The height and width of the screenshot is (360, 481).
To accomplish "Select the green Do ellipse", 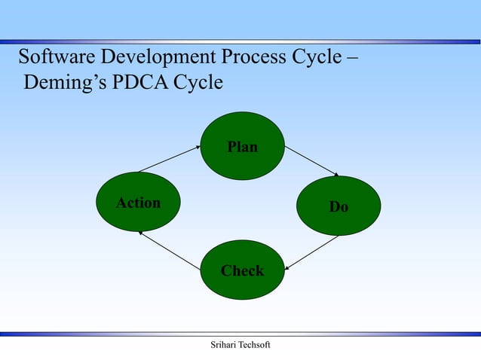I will [339, 206].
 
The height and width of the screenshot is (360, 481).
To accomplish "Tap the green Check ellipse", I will [242, 270].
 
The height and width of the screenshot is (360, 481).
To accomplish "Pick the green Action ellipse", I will [138, 202].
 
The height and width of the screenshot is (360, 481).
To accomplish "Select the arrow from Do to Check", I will [312, 252].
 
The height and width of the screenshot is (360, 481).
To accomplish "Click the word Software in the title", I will [54, 57].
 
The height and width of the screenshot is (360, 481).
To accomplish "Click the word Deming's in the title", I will [65, 81].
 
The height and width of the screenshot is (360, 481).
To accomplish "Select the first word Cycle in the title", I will [317, 57].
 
